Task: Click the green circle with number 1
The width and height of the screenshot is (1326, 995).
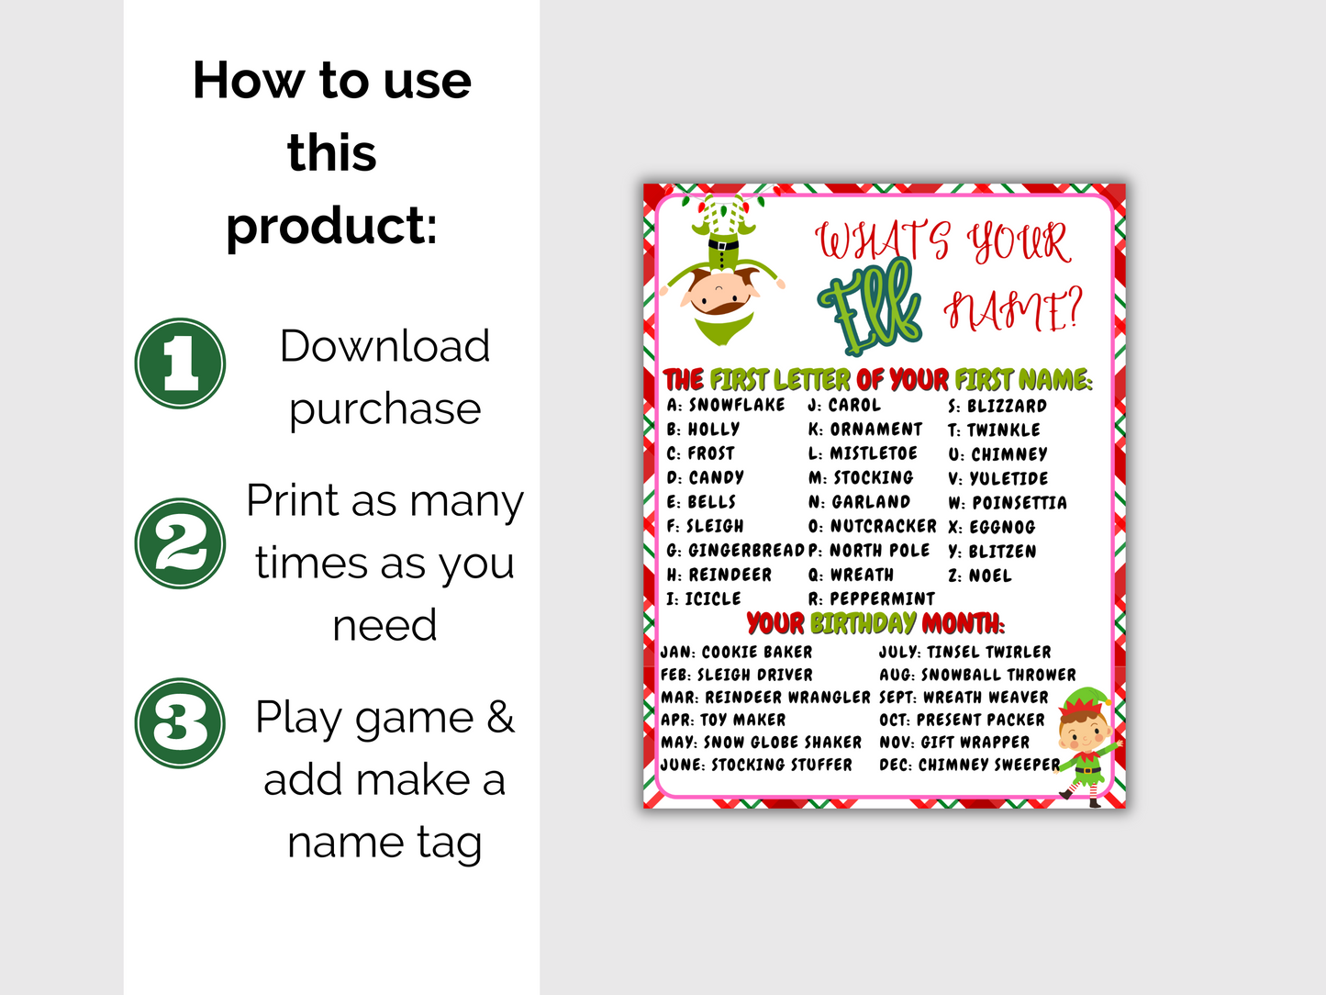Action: (180, 363)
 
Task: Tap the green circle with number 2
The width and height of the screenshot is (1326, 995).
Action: (180, 543)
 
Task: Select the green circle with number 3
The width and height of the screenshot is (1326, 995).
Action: (180, 723)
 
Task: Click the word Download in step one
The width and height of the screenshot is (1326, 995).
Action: (384, 346)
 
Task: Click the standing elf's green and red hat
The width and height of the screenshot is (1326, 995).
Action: (1086, 700)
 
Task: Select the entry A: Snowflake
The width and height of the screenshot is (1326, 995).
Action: (726, 405)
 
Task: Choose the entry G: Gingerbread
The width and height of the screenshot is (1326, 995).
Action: (736, 551)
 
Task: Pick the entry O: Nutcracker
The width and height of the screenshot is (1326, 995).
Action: (873, 526)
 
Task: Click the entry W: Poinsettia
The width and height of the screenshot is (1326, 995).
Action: (1008, 503)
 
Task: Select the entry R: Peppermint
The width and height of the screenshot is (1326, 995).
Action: (871, 598)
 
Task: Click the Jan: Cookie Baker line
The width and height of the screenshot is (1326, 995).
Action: (736, 652)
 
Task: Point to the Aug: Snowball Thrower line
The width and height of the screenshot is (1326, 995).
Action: (977, 675)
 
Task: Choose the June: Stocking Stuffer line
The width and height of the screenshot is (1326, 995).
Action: (756, 765)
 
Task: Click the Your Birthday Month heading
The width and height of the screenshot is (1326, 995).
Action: (875, 623)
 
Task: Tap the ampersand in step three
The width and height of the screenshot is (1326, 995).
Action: (500, 717)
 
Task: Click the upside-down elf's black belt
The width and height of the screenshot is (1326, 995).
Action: (723, 245)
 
